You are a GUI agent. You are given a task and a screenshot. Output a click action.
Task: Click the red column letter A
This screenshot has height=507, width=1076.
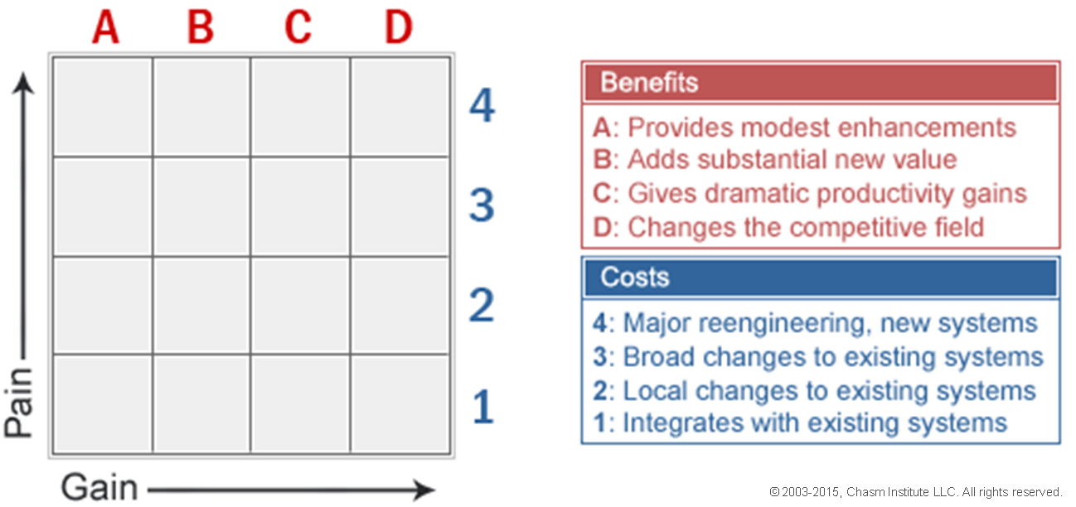(x=105, y=27)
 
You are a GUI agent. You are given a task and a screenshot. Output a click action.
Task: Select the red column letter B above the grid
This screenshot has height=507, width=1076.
(x=201, y=27)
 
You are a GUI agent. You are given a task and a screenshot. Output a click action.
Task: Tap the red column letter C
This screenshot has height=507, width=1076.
(x=298, y=27)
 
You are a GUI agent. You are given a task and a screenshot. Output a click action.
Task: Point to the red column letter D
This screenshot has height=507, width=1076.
(x=398, y=27)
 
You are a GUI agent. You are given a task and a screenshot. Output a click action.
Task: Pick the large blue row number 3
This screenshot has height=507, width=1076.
(x=482, y=205)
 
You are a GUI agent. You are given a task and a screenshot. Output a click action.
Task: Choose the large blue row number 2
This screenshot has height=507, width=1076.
(x=482, y=305)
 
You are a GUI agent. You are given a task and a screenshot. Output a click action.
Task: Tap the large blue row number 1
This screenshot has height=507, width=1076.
(x=483, y=406)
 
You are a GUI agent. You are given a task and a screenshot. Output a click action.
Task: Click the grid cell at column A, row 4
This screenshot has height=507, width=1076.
(x=103, y=107)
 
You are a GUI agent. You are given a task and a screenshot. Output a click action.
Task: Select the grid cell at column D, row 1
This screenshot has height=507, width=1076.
(x=400, y=403)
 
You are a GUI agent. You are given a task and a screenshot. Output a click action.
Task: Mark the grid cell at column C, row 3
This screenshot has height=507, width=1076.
(x=300, y=207)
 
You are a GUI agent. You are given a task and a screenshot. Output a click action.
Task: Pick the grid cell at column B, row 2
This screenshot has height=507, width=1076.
(x=201, y=306)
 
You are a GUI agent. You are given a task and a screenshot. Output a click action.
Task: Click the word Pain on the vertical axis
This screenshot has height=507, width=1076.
(x=18, y=403)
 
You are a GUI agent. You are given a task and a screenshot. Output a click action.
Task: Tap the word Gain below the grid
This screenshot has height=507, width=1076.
(x=99, y=487)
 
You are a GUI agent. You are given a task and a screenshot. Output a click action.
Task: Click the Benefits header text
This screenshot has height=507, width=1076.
(x=649, y=82)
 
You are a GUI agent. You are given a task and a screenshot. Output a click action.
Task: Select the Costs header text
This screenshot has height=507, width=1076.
(x=634, y=277)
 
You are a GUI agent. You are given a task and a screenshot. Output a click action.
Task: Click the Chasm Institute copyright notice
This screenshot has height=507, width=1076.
(x=915, y=492)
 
